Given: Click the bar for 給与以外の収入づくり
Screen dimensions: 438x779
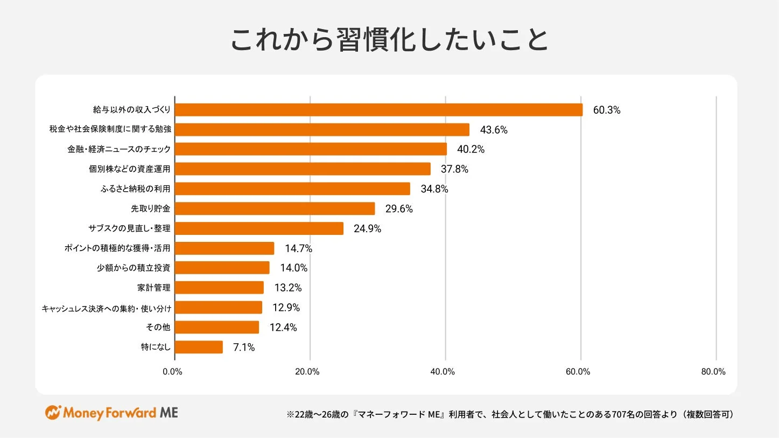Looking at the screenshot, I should point(378,110).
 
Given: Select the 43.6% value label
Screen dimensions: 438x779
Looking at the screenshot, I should point(494,130).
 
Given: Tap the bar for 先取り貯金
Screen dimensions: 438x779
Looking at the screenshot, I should point(275,208).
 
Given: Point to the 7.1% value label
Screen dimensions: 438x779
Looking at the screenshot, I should point(244,347).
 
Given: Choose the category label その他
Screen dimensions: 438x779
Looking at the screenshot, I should point(158,328).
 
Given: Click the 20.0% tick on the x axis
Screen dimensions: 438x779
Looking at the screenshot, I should point(308,371).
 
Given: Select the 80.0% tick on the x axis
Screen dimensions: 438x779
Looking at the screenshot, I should point(714,371).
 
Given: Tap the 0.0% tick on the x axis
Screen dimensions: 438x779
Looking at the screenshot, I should point(172,371).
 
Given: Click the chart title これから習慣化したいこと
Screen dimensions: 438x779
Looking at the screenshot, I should point(389,40).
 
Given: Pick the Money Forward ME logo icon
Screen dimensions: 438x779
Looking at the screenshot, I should point(53,413).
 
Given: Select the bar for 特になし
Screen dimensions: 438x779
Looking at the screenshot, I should point(199,347).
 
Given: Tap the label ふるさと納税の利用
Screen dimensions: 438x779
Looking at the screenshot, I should point(135,189).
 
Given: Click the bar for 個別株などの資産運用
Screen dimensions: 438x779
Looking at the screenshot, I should point(303,169).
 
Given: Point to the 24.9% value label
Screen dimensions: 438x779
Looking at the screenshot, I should point(367,228).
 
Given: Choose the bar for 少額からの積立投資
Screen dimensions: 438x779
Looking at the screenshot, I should point(222,268).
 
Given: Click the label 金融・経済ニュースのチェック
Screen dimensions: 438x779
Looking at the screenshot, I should point(118,149).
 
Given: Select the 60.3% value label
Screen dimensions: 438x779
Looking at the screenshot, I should point(607,110).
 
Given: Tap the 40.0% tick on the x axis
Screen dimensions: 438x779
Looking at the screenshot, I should point(443,371).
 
